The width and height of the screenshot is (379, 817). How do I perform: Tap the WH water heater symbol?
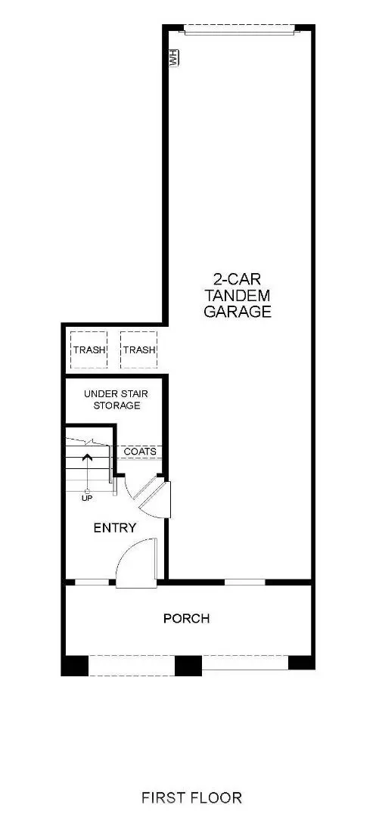coord(173,58)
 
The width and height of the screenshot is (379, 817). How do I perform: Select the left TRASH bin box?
coord(89,349)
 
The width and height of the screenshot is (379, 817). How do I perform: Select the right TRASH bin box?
coord(138,349)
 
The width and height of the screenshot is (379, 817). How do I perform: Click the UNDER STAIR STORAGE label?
coord(112,399)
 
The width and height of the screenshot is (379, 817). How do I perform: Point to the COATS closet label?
coord(140,452)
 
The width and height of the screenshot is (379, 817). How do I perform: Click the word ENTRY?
coord(114,527)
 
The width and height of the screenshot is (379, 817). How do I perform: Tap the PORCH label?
coord(187,618)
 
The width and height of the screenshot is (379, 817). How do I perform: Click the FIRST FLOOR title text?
coord(191,797)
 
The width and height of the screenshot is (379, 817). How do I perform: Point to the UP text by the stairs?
coord(88,499)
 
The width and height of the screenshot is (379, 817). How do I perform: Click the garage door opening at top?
coord(238,30)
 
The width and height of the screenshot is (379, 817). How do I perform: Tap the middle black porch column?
coord(188,665)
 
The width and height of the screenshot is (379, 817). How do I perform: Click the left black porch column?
coord(75,665)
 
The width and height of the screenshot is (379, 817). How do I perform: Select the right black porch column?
coord(301,663)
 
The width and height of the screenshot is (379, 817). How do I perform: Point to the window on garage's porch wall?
coord(245,582)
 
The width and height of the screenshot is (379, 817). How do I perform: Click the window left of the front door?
coord(92,582)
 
